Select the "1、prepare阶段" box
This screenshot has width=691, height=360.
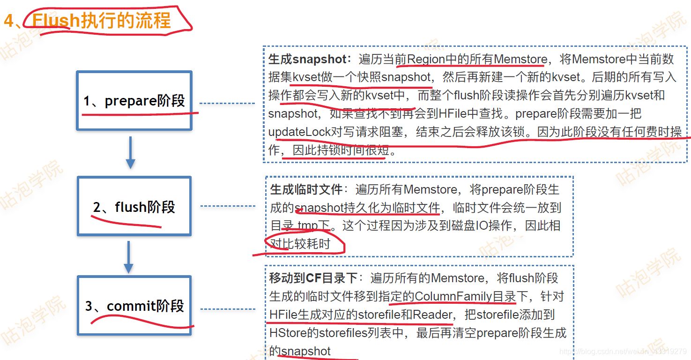(x=134, y=101)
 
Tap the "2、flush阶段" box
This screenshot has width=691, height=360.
(x=134, y=207)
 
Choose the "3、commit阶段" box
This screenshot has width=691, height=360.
(x=134, y=306)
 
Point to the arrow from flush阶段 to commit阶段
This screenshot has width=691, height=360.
(x=128, y=257)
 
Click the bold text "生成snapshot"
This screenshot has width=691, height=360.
(x=307, y=59)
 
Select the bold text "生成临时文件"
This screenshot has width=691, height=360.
(x=306, y=189)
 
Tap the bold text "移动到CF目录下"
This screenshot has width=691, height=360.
(x=313, y=278)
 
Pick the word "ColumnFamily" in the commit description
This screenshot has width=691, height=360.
(x=453, y=296)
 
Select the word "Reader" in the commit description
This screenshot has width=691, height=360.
(x=432, y=315)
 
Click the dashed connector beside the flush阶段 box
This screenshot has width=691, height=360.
(x=228, y=206)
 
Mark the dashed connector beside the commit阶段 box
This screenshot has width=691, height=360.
(x=228, y=309)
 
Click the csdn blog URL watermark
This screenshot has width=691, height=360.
(x=623, y=352)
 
